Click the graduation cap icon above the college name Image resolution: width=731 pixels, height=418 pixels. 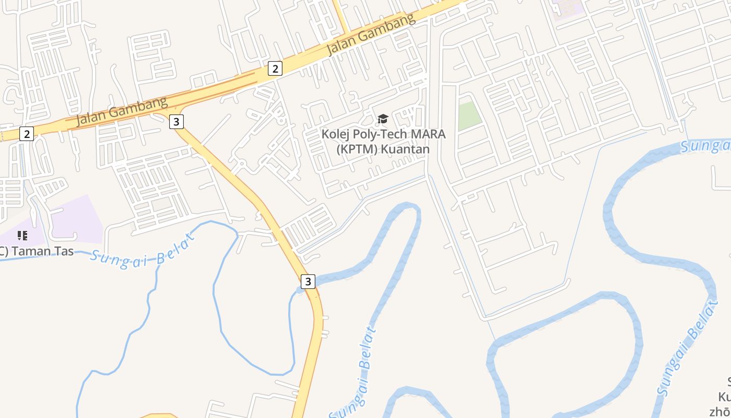[x=383, y=119]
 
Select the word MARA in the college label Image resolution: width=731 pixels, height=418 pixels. [x=428, y=134]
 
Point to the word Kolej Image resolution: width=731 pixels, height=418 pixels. [x=335, y=134]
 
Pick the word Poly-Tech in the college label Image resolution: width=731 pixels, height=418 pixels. [x=381, y=134]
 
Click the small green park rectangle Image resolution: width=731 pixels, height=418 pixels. [x=469, y=115]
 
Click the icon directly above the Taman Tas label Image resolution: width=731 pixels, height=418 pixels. [x=22, y=236]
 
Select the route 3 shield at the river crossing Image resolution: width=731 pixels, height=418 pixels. [x=308, y=282]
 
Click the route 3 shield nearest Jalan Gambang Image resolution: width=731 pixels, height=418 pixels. [x=176, y=122]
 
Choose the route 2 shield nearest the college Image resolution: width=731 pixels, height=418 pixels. [x=275, y=68]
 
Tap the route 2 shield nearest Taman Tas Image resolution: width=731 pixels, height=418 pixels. [x=26, y=134]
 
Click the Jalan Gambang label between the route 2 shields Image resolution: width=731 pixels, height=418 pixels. [x=121, y=111]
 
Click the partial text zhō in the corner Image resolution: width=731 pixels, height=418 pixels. [x=719, y=411]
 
